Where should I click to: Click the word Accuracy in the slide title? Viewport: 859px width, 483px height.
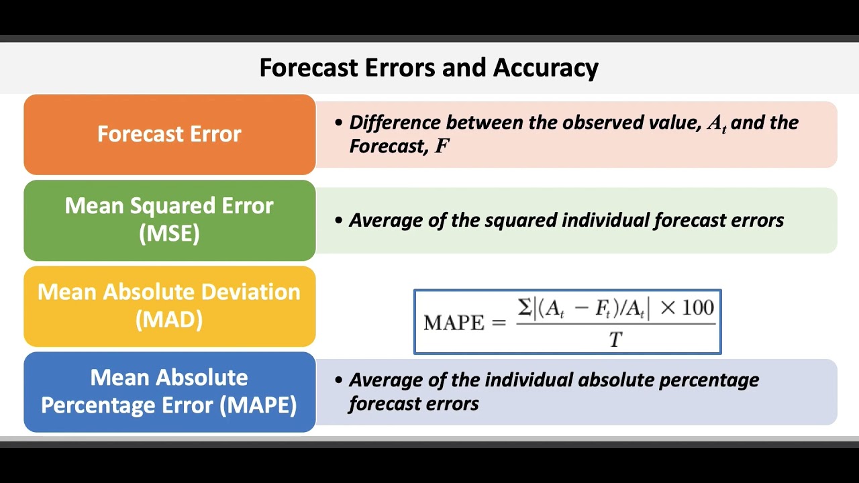[546, 68]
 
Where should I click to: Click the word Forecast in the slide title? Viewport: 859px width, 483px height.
[308, 68]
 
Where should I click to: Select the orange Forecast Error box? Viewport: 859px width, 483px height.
[169, 134]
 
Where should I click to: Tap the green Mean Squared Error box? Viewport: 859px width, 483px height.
[169, 219]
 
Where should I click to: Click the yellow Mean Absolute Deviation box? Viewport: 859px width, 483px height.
[169, 306]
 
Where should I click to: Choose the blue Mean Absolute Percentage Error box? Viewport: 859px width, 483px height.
[169, 392]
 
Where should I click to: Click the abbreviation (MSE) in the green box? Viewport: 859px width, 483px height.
[169, 233]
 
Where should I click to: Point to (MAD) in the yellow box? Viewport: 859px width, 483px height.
[169, 319]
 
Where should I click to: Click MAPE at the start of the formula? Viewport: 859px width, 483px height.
[454, 323]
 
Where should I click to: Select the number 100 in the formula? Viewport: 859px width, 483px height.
[697, 308]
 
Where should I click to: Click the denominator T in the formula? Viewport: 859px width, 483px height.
[615, 340]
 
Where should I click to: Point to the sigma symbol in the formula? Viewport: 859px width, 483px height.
[524, 308]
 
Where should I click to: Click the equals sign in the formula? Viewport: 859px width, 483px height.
[498, 323]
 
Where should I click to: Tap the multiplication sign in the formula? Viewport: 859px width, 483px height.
[668, 309]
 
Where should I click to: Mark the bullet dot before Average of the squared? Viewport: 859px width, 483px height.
[339, 220]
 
